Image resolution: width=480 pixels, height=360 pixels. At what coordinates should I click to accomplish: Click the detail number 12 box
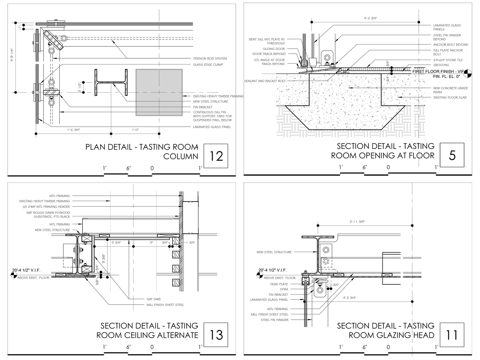(x=216, y=156)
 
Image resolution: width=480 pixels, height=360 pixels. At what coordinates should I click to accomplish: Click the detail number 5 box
(x=452, y=155)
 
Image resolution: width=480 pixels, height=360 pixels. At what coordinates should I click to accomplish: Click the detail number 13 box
(x=216, y=335)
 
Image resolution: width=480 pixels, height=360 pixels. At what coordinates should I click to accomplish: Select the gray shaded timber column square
(x=159, y=92)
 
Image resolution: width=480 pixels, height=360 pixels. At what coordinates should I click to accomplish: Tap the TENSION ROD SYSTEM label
(x=210, y=58)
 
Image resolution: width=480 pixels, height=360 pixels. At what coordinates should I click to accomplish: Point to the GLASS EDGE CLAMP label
(x=208, y=65)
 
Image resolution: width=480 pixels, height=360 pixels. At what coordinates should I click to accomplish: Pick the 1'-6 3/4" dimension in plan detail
(x=73, y=130)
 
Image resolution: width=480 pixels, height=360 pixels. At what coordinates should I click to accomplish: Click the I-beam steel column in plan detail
(x=111, y=82)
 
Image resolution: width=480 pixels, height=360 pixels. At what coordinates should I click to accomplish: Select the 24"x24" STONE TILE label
(x=448, y=60)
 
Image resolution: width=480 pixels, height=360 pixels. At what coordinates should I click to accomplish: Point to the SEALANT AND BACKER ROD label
(x=265, y=81)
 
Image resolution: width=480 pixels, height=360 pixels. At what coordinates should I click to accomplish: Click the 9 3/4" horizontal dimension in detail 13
(x=116, y=243)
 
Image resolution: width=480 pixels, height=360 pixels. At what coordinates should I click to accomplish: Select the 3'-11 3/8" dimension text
(x=357, y=222)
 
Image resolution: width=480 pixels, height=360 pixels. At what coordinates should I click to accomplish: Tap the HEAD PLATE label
(x=279, y=284)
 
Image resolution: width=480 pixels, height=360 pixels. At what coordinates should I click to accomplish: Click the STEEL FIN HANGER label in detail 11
(x=274, y=320)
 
